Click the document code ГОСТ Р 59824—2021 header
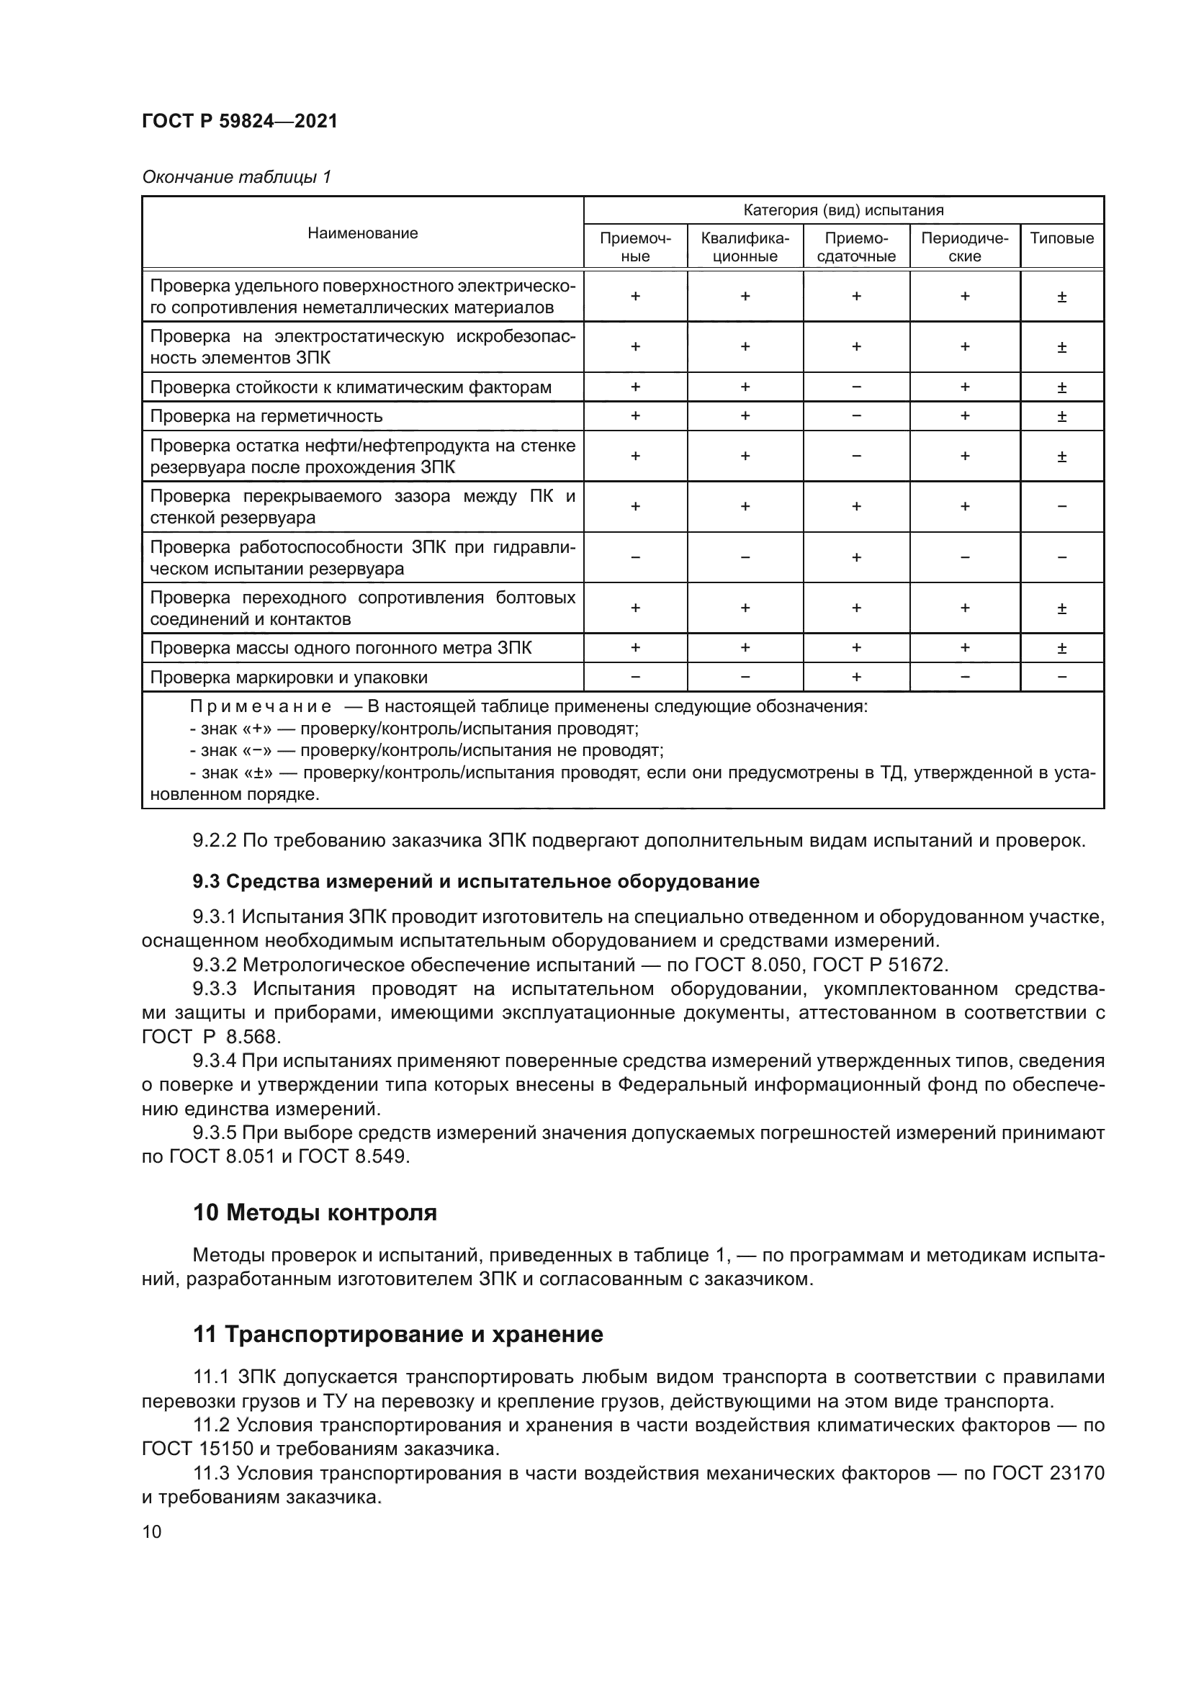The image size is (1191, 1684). pyautogui.click(x=239, y=121)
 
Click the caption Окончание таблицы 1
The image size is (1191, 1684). pyautogui.click(x=236, y=177)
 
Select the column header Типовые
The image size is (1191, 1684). pyautogui.click(x=1061, y=238)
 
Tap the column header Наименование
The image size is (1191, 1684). pyautogui.click(x=362, y=233)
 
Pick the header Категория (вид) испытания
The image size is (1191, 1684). pyautogui.click(x=842, y=210)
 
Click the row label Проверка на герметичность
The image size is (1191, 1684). pyautogui.click(x=266, y=417)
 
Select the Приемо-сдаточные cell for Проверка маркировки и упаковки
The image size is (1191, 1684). pyautogui.click(x=856, y=677)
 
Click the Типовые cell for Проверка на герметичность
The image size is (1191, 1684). pyautogui.click(x=1061, y=417)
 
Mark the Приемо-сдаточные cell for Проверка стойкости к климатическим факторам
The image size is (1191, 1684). pyautogui.click(x=856, y=387)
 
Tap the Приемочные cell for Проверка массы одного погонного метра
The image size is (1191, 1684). pyautogui.click(x=635, y=648)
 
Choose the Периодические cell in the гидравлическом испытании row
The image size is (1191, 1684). pyautogui.click(x=964, y=557)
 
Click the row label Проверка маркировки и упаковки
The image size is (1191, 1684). pyautogui.click(x=289, y=677)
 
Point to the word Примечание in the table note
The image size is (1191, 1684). pyautogui.click(x=261, y=707)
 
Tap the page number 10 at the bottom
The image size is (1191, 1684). pyautogui.click(x=152, y=1531)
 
